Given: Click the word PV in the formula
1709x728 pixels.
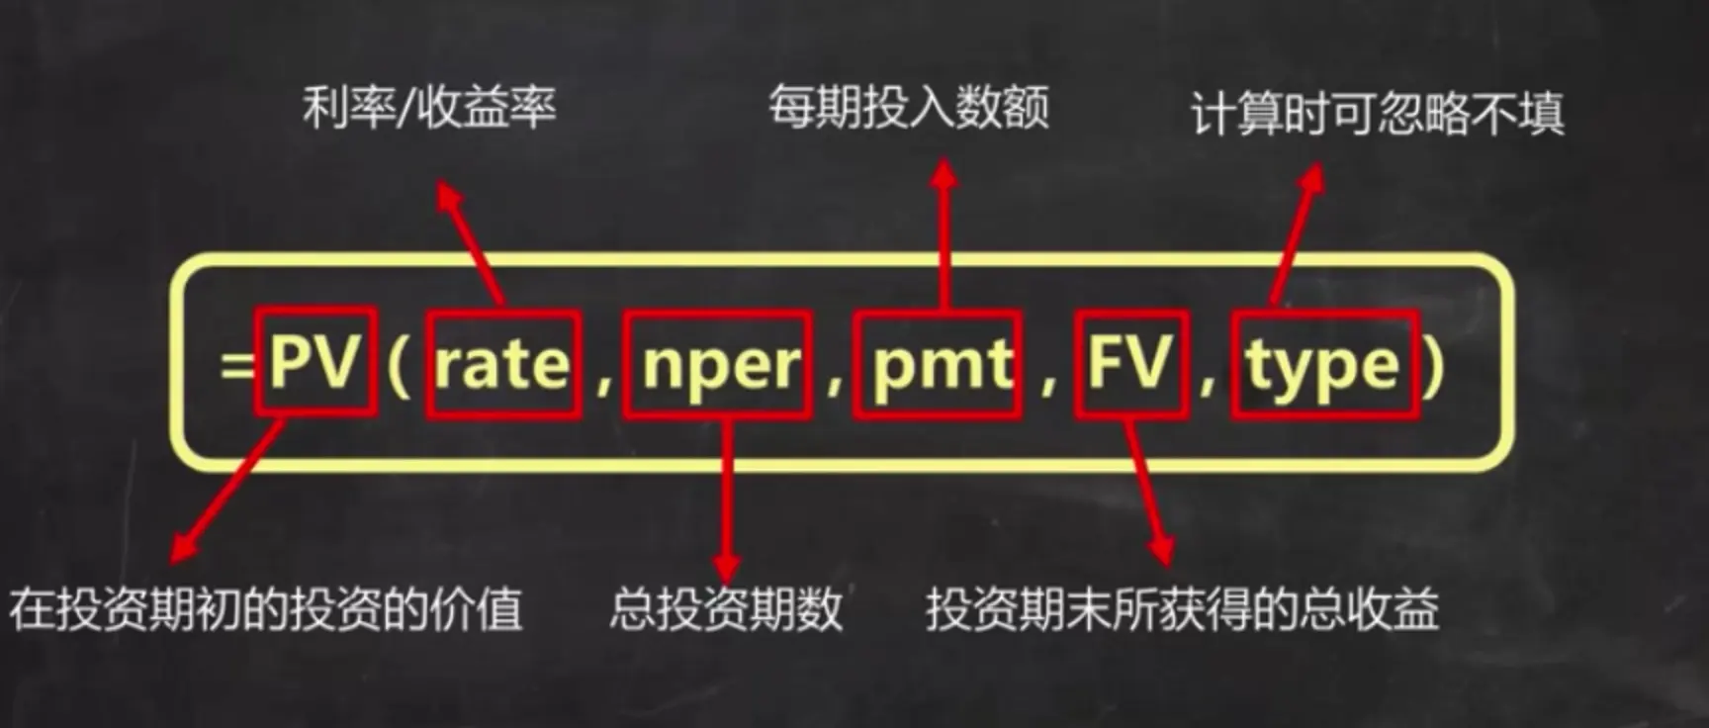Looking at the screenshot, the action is coord(315,362).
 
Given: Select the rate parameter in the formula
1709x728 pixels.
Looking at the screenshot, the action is coord(502,364).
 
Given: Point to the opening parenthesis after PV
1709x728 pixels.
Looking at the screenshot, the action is coord(399,366).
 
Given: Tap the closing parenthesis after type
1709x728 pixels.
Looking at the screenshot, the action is coord(1434,366).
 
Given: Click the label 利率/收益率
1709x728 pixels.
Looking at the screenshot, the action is coord(429,107).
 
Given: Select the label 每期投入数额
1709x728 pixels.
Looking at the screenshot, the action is coord(908,107).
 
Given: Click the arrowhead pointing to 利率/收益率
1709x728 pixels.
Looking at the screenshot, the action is coord(448,194).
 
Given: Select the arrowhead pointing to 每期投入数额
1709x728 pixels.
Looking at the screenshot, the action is coord(944,176).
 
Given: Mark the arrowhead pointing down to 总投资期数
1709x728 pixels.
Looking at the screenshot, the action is coord(727,566).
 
